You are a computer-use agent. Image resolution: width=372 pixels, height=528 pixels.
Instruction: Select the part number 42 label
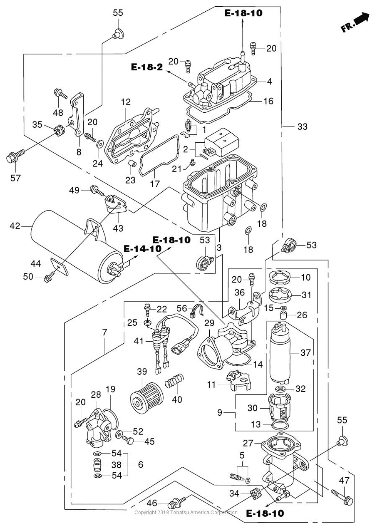coord(15,226)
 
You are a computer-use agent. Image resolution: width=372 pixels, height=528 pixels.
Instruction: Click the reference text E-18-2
coord(147,67)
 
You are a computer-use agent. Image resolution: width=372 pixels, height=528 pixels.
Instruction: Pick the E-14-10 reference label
coord(143,249)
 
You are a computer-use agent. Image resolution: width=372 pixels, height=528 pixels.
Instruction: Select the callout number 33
coord(302,127)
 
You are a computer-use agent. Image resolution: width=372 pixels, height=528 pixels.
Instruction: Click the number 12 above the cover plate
coord(126,102)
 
